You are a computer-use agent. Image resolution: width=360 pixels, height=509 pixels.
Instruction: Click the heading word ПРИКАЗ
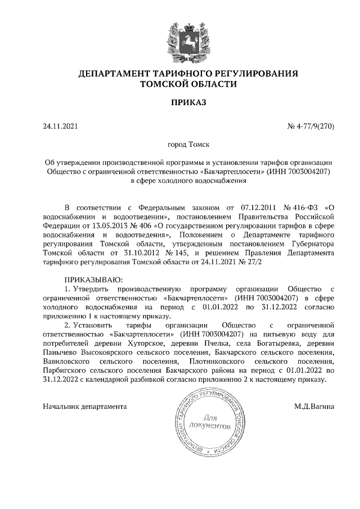[188, 102]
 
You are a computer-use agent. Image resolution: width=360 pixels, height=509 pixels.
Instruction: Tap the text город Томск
[188, 145]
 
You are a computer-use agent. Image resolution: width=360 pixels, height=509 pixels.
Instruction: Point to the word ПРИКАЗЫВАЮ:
[92, 280]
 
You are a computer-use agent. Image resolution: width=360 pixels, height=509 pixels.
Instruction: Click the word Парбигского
[65, 370]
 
